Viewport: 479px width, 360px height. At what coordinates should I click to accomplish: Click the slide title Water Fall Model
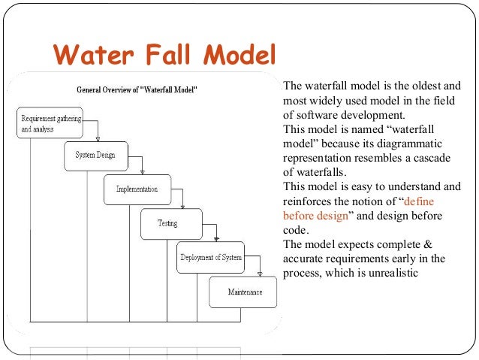pyautogui.click(x=164, y=55)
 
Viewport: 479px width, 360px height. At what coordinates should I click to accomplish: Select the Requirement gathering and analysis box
pyautogui.click(x=50, y=123)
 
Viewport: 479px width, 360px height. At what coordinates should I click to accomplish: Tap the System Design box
pyautogui.click(x=95, y=155)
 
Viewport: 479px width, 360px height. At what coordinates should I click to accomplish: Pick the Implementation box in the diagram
pyautogui.click(x=137, y=189)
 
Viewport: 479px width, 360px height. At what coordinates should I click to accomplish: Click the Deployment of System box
pyautogui.click(x=211, y=257)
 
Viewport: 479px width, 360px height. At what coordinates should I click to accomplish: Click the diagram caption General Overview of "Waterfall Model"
pyautogui.click(x=137, y=89)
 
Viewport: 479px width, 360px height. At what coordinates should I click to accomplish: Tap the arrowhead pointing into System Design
pyautogui.click(x=98, y=138)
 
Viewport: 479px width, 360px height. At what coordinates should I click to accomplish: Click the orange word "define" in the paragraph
pyautogui.click(x=419, y=201)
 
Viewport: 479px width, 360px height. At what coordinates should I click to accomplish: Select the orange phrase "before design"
pyautogui.click(x=315, y=216)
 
